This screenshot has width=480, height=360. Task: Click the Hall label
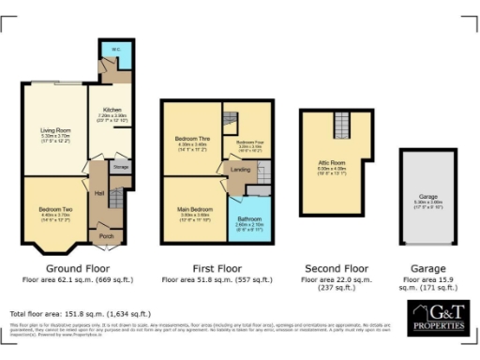pyautogui.click(x=99, y=193)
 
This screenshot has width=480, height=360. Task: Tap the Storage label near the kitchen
pyautogui.click(x=120, y=167)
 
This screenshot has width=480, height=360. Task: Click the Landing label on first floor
pyautogui.click(x=241, y=169)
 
